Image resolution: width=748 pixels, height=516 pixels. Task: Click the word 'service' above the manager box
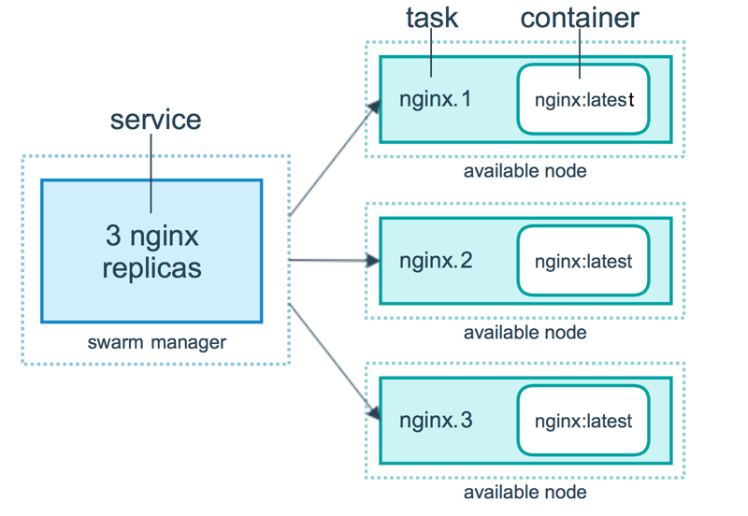click(155, 120)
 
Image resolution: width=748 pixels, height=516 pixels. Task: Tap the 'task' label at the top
click(431, 17)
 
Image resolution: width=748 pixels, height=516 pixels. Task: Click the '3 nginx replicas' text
click(151, 251)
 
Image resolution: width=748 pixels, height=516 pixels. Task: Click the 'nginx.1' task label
click(436, 98)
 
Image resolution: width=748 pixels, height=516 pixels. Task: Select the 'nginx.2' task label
click(436, 260)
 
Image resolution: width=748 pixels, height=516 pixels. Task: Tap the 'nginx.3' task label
click(436, 420)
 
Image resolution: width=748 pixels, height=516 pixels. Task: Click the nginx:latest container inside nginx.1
click(583, 98)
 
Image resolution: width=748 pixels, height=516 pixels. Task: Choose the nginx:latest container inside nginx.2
click(583, 261)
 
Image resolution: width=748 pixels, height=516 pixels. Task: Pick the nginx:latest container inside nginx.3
click(583, 421)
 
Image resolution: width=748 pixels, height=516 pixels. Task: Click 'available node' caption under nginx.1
click(525, 170)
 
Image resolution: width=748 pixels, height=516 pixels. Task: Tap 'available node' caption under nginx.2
click(525, 332)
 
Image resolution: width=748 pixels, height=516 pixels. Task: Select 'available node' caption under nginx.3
click(525, 492)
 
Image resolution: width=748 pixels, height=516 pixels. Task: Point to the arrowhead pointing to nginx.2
click(373, 261)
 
